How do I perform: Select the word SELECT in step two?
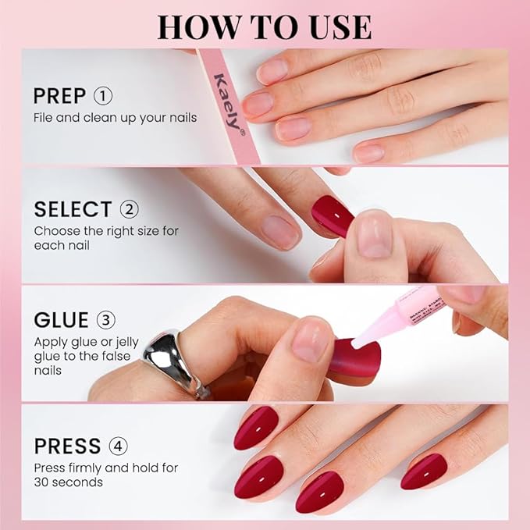coord(73,209)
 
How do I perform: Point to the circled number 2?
coord(129,209)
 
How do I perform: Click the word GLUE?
coord(61,321)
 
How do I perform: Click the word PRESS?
coord(67,446)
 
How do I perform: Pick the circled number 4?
coord(119,446)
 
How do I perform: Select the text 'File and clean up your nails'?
coord(115,118)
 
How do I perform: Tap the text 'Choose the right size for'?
coord(105,230)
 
